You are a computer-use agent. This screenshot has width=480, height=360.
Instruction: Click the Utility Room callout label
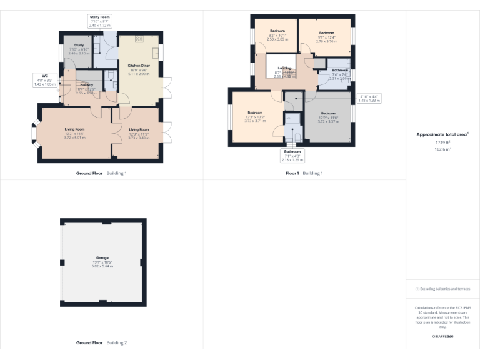coord(100,21)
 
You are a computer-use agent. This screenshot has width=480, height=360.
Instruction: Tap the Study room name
coord(79,45)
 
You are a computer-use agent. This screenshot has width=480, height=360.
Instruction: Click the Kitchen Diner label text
coord(138,65)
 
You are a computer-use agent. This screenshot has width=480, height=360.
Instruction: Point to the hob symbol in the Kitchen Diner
coord(139,39)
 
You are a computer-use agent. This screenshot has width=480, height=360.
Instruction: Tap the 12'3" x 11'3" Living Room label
coord(138,134)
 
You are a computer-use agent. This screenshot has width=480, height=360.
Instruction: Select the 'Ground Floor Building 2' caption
coord(101,343)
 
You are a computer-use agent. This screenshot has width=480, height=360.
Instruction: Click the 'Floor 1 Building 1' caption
coord(304,173)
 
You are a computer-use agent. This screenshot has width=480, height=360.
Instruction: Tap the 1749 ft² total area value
coord(442,142)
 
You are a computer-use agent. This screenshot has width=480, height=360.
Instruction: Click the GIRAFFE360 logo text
coord(442,337)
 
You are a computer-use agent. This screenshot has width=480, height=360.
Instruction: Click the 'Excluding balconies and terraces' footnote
coord(442,289)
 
